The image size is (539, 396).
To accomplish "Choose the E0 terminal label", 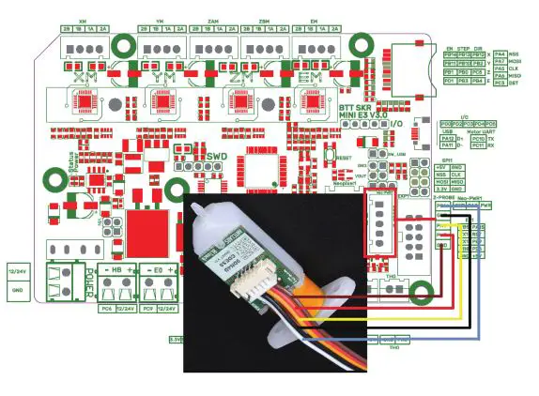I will point(155,270).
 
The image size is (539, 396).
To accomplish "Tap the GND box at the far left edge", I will point(16,290).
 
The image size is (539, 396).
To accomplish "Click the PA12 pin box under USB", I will point(449,138).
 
